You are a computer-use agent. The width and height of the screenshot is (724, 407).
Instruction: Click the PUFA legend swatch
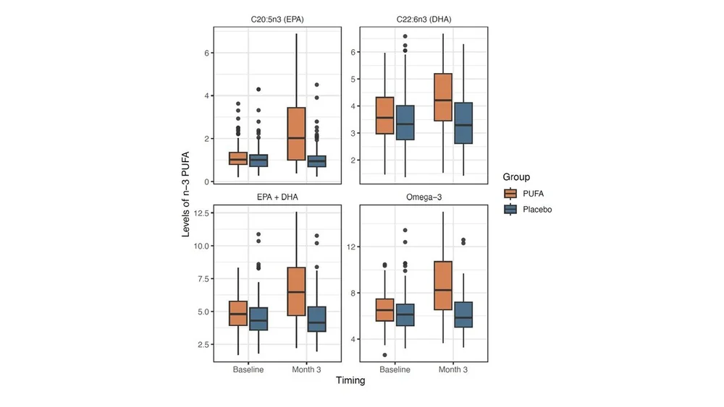click(511, 193)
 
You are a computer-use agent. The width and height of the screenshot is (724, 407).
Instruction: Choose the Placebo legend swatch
click(511, 209)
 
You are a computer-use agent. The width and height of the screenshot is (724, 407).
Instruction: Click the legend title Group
click(517, 176)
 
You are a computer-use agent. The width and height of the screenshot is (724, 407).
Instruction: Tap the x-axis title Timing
click(350, 381)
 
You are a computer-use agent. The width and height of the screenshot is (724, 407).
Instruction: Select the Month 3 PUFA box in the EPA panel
click(296, 134)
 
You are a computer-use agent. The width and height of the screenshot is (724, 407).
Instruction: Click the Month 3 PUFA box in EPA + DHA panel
click(296, 291)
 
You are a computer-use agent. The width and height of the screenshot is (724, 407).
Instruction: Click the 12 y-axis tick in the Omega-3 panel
click(354, 247)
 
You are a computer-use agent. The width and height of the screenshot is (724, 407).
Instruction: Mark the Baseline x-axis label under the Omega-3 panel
click(395, 369)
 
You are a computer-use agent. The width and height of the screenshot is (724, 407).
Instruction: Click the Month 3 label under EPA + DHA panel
click(307, 369)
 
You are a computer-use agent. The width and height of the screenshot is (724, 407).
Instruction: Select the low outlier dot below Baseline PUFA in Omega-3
click(384, 355)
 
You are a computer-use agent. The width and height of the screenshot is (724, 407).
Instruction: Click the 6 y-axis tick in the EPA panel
click(207, 53)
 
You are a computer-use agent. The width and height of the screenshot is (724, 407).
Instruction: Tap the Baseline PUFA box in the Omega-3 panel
click(384, 309)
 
